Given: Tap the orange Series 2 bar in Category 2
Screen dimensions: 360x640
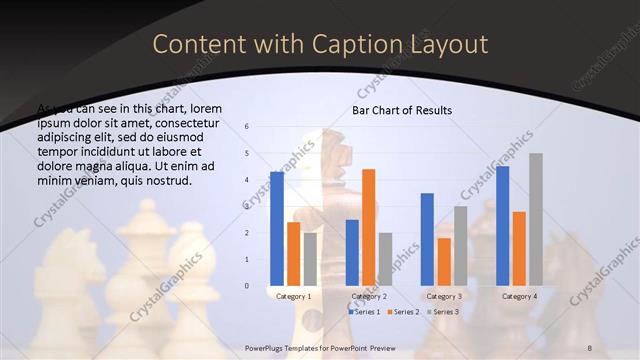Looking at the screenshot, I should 369,227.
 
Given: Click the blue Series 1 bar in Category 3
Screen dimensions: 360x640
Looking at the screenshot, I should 427,239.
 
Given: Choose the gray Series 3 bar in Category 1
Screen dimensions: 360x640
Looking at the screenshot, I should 310,259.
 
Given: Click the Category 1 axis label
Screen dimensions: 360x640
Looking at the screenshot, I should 293,297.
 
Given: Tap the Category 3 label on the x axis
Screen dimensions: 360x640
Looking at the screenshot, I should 444,297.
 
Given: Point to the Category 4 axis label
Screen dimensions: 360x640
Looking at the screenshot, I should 519,297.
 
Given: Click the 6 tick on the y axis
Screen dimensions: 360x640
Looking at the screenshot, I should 247,127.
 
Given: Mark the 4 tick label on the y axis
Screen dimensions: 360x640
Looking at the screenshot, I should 247,180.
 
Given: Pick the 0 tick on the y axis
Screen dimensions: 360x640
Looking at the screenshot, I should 247,286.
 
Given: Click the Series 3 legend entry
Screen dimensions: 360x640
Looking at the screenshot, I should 443,313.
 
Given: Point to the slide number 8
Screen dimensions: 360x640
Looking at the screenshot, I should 590,346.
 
